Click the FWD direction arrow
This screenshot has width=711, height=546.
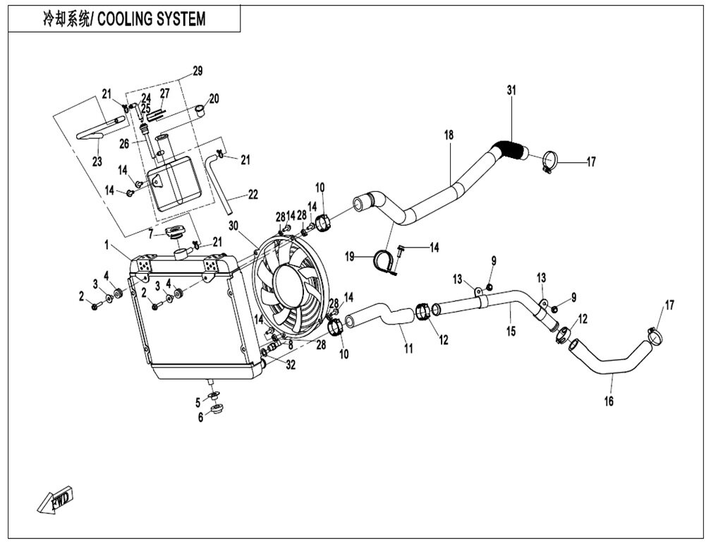(x=55, y=501)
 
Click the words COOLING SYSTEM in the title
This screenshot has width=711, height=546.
(x=152, y=19)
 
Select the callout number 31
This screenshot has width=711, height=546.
(x=511, y=90)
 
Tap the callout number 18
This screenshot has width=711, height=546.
(x=449, y=135)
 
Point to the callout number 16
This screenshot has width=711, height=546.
(x=609, y=401)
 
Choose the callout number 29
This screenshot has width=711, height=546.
(x=197, y=71)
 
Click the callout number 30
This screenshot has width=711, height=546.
(x=233, y=225)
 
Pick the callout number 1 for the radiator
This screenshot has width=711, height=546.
(x=107, y=245)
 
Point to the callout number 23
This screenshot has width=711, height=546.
(x=97, y=161)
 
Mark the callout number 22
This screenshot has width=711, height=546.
(x=253, y=194)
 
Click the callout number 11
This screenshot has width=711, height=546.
(x=408, y=348)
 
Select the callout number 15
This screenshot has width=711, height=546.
(x=511, y=332)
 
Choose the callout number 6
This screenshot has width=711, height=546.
(x=201, y=417)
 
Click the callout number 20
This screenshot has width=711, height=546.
(x=214, y=99)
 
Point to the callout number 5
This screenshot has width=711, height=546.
(x=198, y=402)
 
